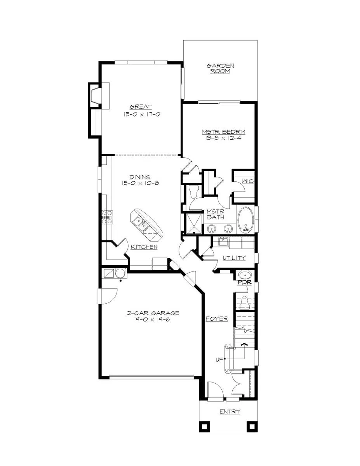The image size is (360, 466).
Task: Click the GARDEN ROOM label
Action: tap(220, 69)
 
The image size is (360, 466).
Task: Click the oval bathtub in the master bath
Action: tap(245, 220)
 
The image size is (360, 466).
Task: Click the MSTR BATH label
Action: tap(215, 214)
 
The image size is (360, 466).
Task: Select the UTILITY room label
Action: tap(234, 257)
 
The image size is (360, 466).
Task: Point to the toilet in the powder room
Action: tap(245, 301)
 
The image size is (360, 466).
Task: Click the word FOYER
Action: tap(217, 319)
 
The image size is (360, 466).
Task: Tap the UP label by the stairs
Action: tap(219, 360)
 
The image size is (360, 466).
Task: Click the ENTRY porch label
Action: tap(230, 412)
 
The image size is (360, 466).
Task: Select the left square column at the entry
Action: tap(204, 426)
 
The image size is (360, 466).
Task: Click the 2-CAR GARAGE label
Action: tap(153, 313)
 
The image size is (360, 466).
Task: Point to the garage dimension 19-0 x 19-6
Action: tap(153, 319)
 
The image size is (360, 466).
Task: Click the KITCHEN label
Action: tap(144, 247)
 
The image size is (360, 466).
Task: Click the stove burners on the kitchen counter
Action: tap(107, 217)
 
